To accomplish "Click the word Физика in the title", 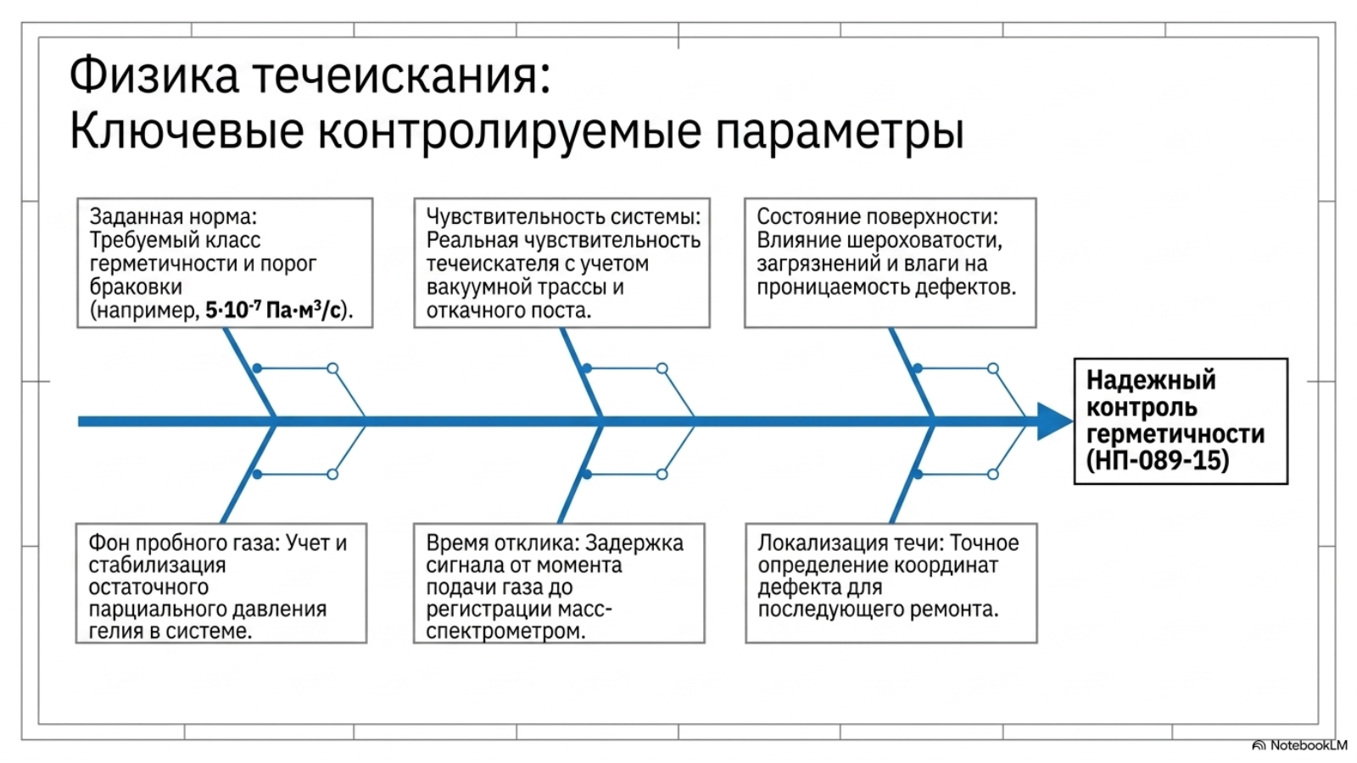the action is tap(154, 75).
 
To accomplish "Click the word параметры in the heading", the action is tap(840, 132).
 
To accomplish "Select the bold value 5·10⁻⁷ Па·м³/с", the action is tap(272, 310).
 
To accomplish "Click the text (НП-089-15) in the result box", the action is tap(1157, 460).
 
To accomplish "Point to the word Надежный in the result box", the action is tap(1150, 381).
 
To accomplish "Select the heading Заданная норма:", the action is tap(173, 216).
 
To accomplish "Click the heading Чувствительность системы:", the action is tap(563, 216).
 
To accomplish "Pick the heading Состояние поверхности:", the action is tap(877, 216).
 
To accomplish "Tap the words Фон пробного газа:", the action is tap(184, 543).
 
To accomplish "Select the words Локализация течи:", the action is tap(851, 543).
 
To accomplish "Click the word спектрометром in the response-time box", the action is tap(505, 632).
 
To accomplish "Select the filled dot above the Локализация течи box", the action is tap(918, 474).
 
